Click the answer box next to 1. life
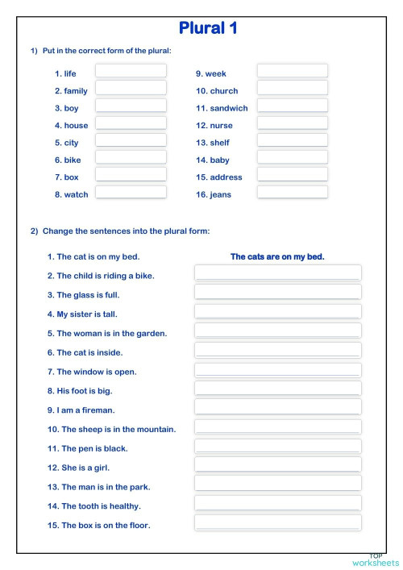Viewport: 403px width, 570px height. (x=131, y=71)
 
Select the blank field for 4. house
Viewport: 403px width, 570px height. (x=131, y=123)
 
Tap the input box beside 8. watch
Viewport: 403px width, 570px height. (x=131, y=193)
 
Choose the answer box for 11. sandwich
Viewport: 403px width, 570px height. (x=292, y=106)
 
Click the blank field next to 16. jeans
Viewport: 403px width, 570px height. (x=292, y=193)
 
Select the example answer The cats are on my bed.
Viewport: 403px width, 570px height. (x=277, y=257)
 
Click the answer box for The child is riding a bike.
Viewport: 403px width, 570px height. (x=277, y=273)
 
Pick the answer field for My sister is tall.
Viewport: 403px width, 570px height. (x=277, y=312)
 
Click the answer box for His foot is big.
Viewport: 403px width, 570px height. (x=277, y=389)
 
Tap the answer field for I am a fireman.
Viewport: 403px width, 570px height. (x=277, y=408)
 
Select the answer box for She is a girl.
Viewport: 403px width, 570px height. (x=277, y=465)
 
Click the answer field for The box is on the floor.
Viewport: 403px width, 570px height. (x=277, y=523)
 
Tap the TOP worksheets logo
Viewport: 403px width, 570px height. (x=376, y=560)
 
